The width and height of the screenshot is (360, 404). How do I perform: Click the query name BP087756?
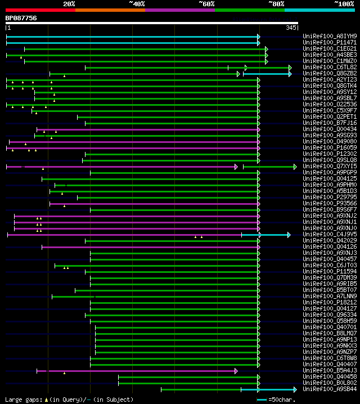point(21,18)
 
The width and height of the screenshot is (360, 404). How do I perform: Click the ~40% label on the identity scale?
point(137,3)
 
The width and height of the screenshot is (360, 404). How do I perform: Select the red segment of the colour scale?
point(40,10)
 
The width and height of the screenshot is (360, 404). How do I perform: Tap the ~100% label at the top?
point(344,3)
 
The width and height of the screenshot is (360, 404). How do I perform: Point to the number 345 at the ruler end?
point(291,28)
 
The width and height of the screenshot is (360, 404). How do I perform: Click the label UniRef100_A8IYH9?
point(329,36)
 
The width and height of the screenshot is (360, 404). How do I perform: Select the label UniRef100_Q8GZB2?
point(329,73)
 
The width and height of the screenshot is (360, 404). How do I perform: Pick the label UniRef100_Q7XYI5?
point(329,166)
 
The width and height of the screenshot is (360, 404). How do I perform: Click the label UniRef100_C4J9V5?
point(329,234)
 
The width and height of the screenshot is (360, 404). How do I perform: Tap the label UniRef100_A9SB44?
point(329,389)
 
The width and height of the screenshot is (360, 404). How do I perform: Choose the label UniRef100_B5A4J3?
point(329,370)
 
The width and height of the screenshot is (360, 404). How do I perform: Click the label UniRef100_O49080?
point(329,141)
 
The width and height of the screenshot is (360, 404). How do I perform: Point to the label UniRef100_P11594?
point(329,271)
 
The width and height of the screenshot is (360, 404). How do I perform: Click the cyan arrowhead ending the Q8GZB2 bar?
point(290,74)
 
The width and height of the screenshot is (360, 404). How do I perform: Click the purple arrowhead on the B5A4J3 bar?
point(236,371)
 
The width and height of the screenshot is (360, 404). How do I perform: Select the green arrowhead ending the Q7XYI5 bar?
point(295,167)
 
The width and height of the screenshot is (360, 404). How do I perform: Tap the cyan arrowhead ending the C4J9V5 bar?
point(289,235)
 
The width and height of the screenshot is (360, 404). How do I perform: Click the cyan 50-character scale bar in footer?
point(262,399)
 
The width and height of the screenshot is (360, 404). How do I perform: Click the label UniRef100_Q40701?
point(329,327)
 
